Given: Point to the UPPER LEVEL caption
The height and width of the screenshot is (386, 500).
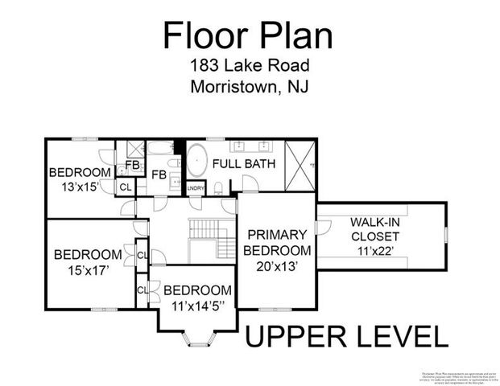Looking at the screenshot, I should (346, 336).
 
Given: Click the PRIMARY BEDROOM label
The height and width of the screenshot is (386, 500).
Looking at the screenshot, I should (276, 242).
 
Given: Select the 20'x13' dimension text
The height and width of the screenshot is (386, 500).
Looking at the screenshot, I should (276, 266).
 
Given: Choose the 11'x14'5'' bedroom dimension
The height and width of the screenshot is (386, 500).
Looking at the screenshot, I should (197, 306).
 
